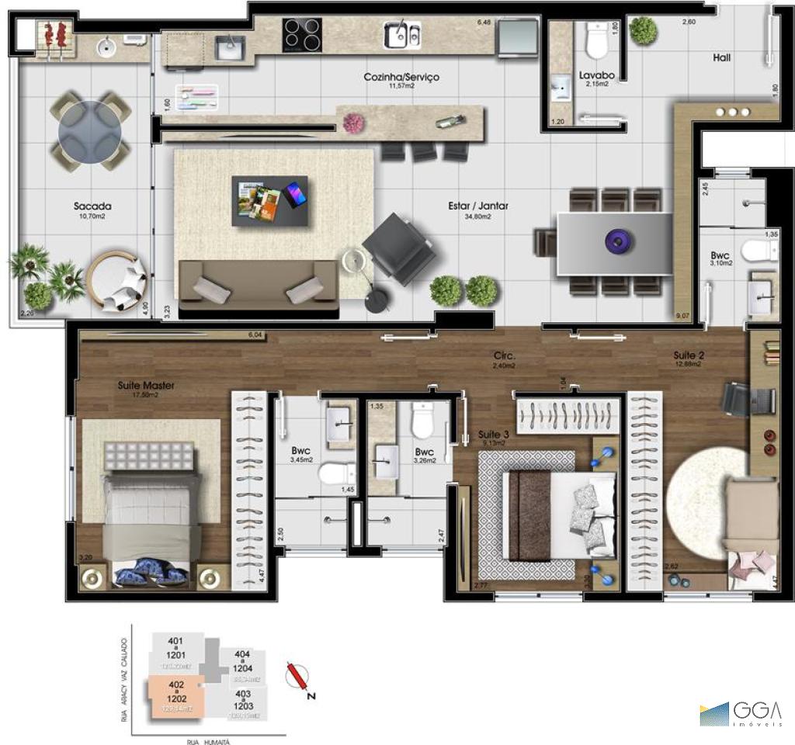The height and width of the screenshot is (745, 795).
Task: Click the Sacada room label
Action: point(92,206)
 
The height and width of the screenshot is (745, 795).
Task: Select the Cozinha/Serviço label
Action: point(401,77)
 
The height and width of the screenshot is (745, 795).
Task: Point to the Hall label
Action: point(721,57)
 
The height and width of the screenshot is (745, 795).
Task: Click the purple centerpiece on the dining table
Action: point(616,241)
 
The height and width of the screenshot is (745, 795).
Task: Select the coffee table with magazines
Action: point(269,200)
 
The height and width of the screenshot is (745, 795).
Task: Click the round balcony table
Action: point(89,130)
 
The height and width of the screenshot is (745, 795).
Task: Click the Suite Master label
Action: point(146,385)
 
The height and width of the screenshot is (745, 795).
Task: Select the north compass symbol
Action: point(297,677)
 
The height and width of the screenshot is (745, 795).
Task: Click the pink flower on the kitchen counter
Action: point(353,123)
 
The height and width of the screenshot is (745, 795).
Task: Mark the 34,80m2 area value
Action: point(477,217)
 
